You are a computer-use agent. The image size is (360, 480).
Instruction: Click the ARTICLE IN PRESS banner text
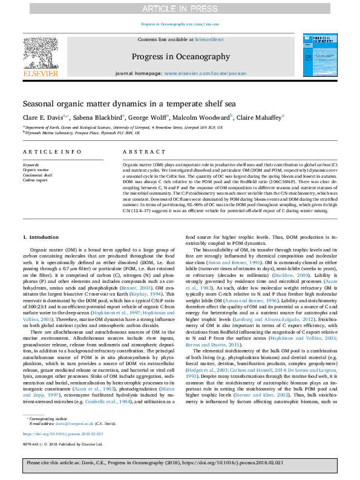pos(180,8)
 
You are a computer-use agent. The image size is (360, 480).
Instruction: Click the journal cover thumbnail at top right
pos(315,54)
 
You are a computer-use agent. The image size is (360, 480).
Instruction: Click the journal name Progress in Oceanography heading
pos(180,57)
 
